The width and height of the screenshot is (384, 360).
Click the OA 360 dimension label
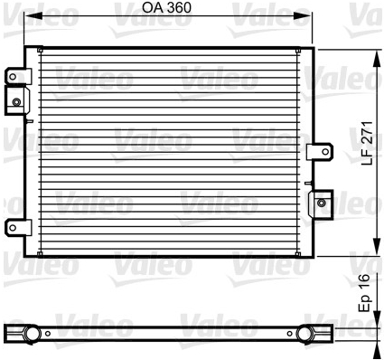(166, 8)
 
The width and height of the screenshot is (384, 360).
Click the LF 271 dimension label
(368, 143)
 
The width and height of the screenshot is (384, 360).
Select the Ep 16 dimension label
(364, 292)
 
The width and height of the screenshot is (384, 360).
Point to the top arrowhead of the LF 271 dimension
(377, 59)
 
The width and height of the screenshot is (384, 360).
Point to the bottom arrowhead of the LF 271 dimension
(377, 247)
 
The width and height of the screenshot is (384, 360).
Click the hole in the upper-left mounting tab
(13, 76)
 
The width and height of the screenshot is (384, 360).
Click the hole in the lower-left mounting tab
(13, 227)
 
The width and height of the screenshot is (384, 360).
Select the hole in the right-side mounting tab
(325, 152)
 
